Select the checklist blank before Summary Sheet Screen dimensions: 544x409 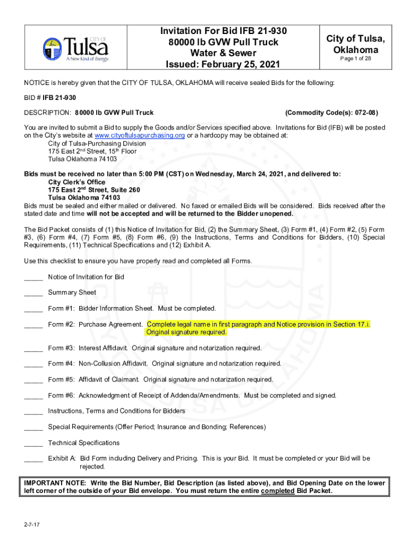pos(33,293)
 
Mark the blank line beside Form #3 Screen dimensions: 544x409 pos(33,348)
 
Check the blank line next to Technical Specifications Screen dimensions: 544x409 pos(33,443)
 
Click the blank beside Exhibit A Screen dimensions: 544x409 pos(33,458)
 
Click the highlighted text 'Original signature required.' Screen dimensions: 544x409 pos(186,332)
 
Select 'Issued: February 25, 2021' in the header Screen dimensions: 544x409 pos(223,65)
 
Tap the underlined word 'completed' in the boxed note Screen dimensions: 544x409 pos(278,491)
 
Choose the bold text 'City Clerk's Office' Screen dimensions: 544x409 pos(76,182)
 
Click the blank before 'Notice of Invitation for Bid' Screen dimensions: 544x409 pos(33,277)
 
